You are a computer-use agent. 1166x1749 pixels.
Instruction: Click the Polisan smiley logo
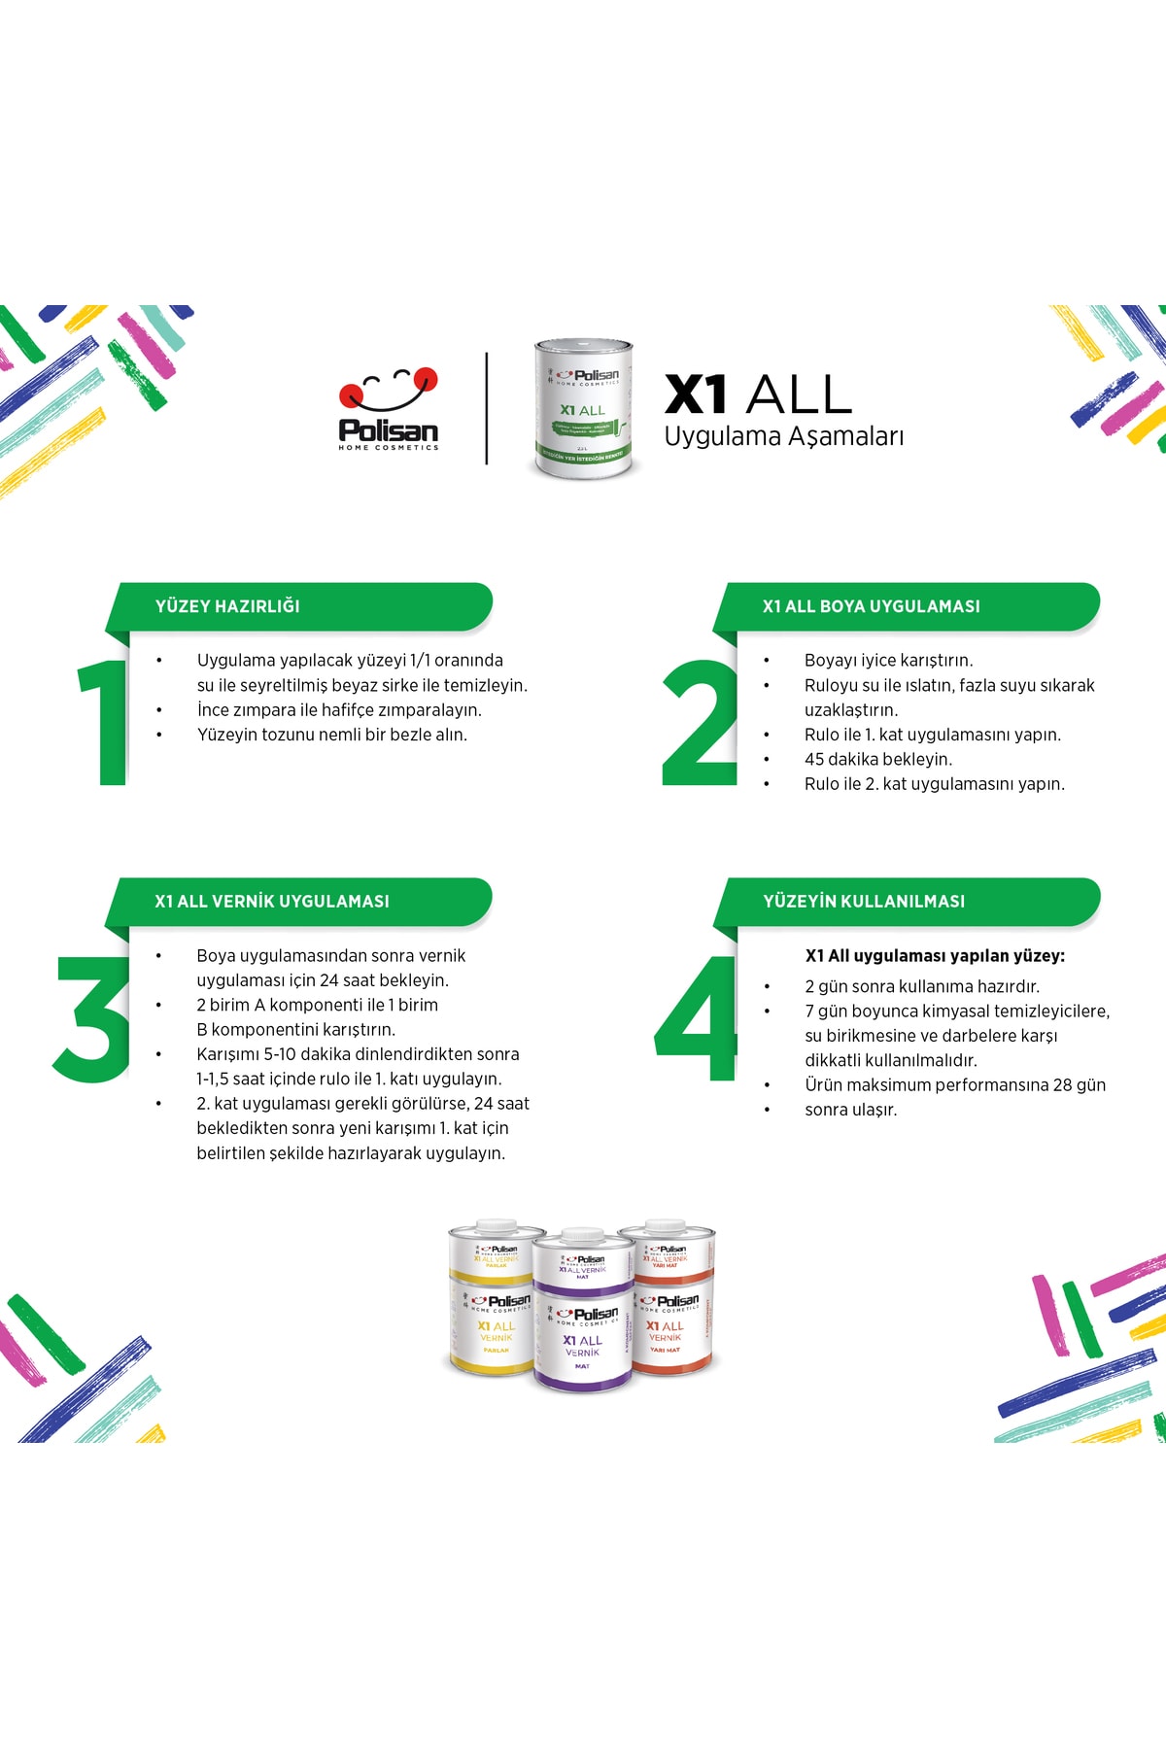[x=389, y=408]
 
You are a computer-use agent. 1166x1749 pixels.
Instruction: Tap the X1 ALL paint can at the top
[x=583, y=408]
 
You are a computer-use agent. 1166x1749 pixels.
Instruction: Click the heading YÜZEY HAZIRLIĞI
[x=227, y=606]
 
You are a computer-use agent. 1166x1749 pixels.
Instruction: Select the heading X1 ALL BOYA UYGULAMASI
[x=871, y=606]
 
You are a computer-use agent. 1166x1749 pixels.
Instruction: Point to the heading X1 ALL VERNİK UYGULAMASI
[x=272, y=902]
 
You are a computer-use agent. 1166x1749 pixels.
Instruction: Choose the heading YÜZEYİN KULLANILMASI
[x=864, y=902]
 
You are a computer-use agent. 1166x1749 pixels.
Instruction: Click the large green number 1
[x=105, y=721]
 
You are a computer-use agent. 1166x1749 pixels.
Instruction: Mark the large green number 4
[x=698, y=1017]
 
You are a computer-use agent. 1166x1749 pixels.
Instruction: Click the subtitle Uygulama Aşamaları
[x=783, y=436]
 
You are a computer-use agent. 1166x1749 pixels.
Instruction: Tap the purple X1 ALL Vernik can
[x=583, y=1312]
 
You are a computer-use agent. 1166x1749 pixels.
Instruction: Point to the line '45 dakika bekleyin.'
[x=877, y=760]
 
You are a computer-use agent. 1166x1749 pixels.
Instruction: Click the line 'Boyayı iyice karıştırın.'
[x=888, y=661]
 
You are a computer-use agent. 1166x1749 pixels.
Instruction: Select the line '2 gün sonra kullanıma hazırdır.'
[x=921, y=986]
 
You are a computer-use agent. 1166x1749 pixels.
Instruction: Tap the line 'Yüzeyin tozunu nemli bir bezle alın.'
[x=331, y=735]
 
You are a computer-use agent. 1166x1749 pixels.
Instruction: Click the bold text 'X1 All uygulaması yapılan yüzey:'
[x=935, y=956]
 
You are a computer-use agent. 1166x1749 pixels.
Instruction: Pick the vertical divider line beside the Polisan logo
[x=487, y=408]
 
